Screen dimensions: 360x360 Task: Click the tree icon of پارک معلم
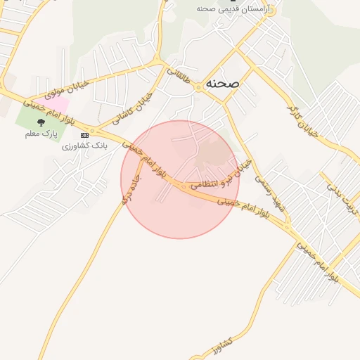40,122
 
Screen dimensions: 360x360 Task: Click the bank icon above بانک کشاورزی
84,134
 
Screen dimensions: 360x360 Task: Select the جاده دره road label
130,190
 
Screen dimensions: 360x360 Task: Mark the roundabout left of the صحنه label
200,86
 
